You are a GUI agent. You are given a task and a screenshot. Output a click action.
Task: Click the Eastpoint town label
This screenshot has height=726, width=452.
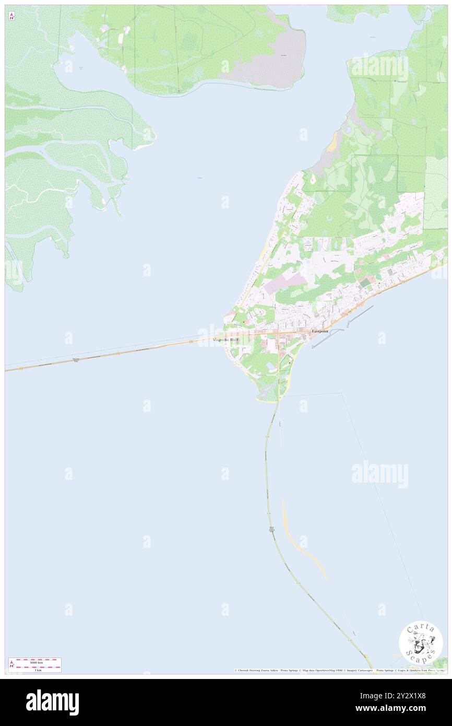[x=320, y=332]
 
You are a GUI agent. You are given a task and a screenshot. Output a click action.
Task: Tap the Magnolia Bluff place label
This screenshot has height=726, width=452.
[x=226, y=339]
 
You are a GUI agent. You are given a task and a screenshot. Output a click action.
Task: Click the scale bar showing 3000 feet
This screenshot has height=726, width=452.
[x=35, y=662]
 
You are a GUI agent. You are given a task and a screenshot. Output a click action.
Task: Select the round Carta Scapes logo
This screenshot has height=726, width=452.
[x=421, y=643]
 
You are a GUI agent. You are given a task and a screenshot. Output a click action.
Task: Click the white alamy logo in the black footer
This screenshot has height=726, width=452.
[x=52, y=702]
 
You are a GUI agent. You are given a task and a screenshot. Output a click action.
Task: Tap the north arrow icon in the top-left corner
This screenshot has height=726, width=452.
[x=11, y=16]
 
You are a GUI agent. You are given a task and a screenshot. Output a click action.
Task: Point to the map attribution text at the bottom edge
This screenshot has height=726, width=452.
[x=339, y=670]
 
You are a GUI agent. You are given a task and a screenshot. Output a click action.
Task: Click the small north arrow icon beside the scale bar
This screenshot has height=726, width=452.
[x=11, y=664]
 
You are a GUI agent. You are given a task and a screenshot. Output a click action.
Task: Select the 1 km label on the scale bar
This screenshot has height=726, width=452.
[x=38, y=670]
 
